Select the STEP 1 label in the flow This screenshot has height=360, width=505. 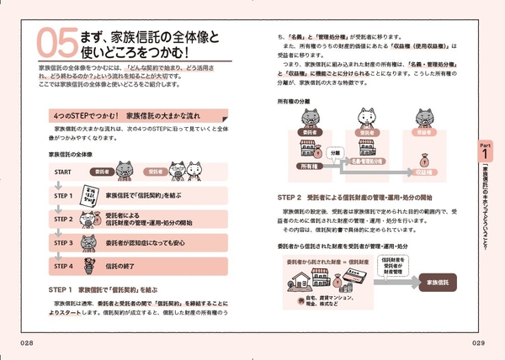click(x=63, y=197)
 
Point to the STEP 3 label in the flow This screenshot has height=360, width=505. click(x=63, y=243)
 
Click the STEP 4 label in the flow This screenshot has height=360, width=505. click(x=63, y=266)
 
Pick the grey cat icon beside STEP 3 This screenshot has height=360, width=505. click(x=90, y=243)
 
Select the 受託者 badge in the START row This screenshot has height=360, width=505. click(x=155, y=172)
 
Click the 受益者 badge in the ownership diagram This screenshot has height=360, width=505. click(x=428, y=132)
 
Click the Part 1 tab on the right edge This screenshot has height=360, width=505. click(x=486, y=151)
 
